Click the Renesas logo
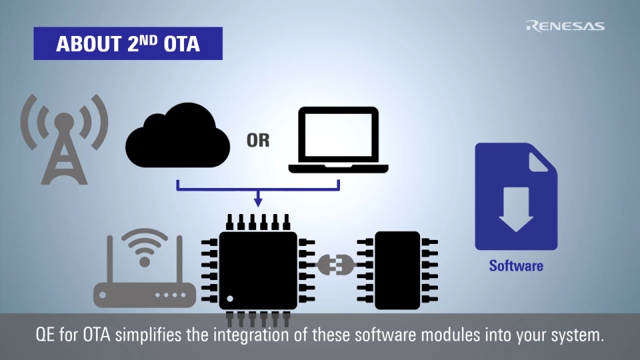click(565, 26)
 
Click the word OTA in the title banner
click(181, 44)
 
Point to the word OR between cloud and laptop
click(258, 141)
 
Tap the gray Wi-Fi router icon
click(144, 273)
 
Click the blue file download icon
click(515, 197)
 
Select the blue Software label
click(516, 265)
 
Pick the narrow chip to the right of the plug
click(397, 270)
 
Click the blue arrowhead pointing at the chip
click(259, 201)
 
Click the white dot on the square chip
click(231, 298)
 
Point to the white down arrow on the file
click(515, 209)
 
